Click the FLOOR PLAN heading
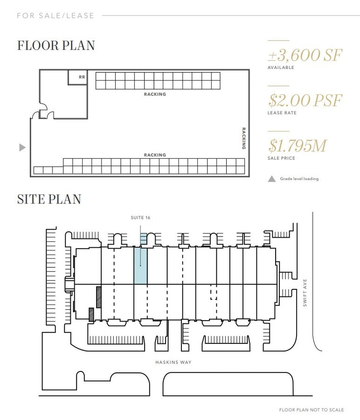[x=56, y=45]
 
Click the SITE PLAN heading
[x=49, y=199]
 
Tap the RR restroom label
[x=82, y=77]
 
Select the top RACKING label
[x=155, y=94]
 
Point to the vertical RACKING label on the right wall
[x=243, y=138]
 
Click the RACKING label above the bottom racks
[x=155, y=155]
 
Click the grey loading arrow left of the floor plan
[x=22, y=147]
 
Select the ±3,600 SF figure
[x=305, y=55]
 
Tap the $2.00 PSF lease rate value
[x=305, y=100]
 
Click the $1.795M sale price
[x=297, y=146]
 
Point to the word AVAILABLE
[x=281, y=68]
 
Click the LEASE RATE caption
[x=282, y=113]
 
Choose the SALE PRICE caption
[x=281, y=158]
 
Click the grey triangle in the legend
[x=272, y=179]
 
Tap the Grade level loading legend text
[x=299, y=179]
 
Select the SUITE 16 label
[x=140, y=217]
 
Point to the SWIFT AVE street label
[x=305, y=293]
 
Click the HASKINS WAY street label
[x=173, y=362]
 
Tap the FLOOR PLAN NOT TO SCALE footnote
[x=311, y=410]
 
